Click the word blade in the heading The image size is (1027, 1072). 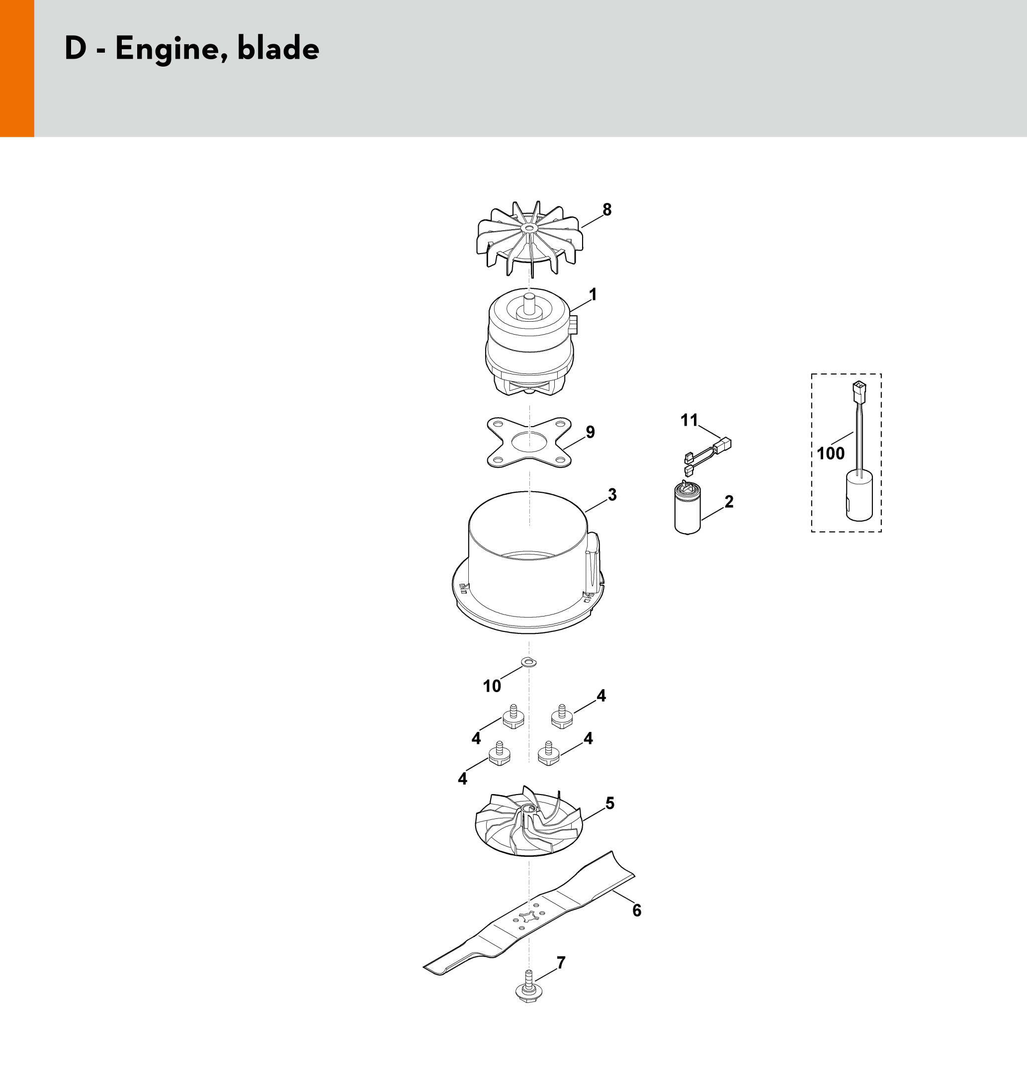pyautogui.click(x=278, y=48)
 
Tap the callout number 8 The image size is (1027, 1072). pyautogui.click(x=606, y=209)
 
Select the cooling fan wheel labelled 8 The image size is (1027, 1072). pyautogui.click(x=530, y=239)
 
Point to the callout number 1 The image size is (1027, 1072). pyautogui.click(x=593, y=294)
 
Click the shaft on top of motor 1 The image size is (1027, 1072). pyautogui.click(x=529, y=303)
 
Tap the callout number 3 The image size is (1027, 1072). pyautogui.click(x=612, y=494)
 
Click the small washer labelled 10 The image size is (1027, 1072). pyautogui.click(x=529, y=662)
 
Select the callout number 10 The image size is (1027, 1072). pyautogui.click(x=492, y=686)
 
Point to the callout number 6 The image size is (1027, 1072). pyautogui.click(x=637, y=910)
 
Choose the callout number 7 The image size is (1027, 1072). pyautogui.click(x=561, y=962)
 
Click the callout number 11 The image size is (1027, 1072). pyautogui.click(x=689, y=420)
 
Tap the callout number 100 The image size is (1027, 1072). pyautogui.click(x=831, y=453)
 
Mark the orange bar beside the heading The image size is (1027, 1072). pyautogui.click(x=17, y=69)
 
